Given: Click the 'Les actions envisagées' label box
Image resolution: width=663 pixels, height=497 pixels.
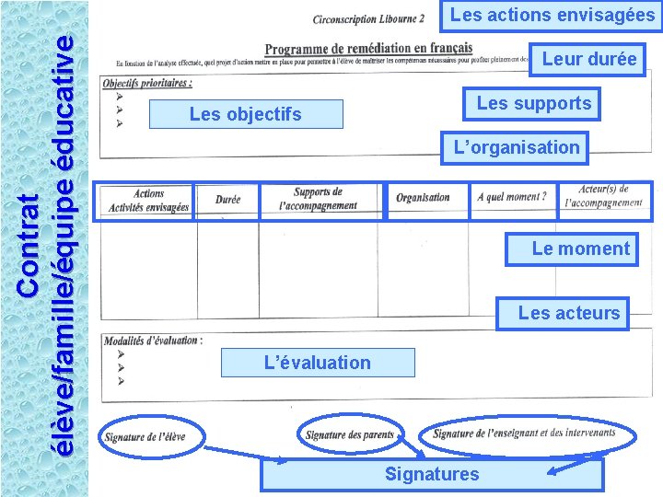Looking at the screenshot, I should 552,15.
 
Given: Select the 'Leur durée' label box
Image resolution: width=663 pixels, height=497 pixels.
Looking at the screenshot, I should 588,59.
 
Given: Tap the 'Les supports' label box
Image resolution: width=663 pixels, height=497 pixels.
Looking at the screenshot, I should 534,103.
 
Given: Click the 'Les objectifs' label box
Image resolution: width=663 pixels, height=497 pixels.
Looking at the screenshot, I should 245,114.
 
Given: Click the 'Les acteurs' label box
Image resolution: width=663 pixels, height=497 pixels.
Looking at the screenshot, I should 568,313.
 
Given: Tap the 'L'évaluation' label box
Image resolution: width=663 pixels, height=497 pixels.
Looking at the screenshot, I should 317,363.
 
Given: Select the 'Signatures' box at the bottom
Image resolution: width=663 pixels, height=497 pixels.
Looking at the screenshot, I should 432,474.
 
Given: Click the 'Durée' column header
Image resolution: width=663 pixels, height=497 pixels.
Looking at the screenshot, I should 227,200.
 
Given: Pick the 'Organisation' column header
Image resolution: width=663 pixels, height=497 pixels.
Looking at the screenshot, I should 423,198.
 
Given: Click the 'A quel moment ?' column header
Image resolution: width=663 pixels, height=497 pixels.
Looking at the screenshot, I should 512,197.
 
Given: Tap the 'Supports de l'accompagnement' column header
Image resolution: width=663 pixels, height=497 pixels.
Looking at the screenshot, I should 319,199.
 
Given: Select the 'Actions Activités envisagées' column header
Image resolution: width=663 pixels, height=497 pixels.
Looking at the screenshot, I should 148,201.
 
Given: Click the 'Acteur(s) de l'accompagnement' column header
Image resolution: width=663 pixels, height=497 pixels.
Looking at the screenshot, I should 604,196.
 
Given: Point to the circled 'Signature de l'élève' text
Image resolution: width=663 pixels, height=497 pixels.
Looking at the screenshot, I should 145,436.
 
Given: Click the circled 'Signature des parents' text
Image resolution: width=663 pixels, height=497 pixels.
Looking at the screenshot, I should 350,434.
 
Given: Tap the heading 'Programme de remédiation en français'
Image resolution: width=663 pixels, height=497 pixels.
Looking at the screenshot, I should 368,48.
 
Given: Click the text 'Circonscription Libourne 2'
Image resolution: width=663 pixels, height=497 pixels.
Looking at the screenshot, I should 368,19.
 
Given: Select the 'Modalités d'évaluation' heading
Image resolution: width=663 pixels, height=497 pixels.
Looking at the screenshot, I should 153,341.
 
